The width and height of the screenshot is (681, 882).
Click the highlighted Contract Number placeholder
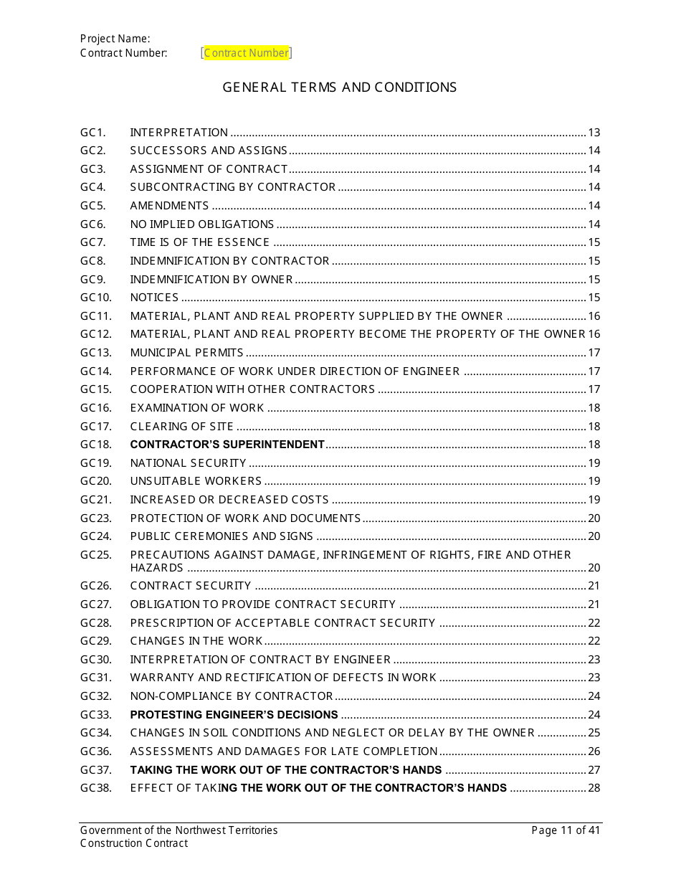click(247, 53)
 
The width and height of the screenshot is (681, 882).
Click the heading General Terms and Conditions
click(339, 87)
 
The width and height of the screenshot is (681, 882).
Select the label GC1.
click(92, 133)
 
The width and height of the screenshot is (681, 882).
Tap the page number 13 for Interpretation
click(594, 133)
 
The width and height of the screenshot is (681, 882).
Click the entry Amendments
click(169, 206)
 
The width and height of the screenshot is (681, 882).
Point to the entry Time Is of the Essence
click(199, 242)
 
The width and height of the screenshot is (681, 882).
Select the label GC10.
click(95, 298)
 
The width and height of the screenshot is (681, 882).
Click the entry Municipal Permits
click(186, 353)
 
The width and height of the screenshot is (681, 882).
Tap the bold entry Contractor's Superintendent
click(227, 445)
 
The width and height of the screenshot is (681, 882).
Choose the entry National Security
click(188, 463)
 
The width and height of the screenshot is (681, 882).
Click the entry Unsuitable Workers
click(196, 481)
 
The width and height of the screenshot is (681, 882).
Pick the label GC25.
click(95, 555)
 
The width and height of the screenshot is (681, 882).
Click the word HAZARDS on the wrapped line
click(156, 568)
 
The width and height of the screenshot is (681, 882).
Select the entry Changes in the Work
click(196, 641)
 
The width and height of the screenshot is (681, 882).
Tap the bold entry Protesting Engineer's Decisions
click(234, 715)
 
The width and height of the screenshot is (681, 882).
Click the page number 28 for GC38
click(594, 788)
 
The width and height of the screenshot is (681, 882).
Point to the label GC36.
click(95, 751)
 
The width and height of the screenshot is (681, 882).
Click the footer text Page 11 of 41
click(565, 830)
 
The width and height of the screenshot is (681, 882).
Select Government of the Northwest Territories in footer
click(178, 830)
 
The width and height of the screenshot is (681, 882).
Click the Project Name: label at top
click(115, 39)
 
